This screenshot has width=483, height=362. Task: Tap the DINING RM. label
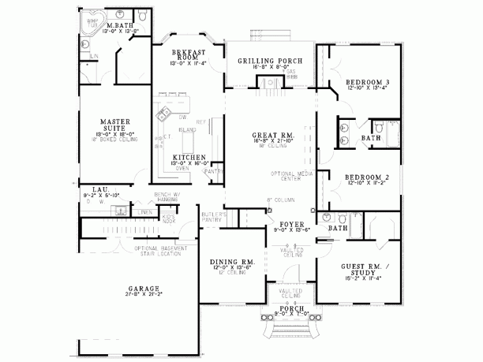pyautogui.click(x=231, y=261)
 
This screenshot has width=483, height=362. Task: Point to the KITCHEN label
pyautogui.click(x=189, y=157)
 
